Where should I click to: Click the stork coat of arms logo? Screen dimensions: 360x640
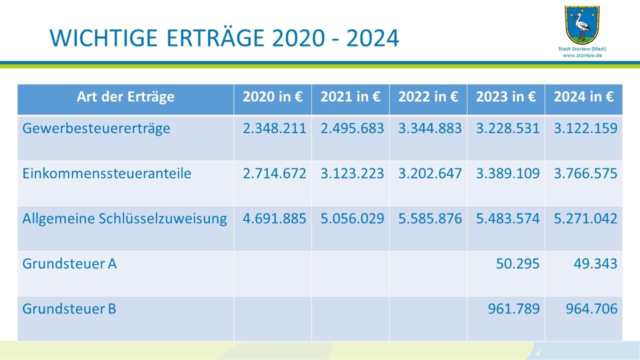click(582, 25)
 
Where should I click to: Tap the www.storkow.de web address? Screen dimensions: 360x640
click(582, 55)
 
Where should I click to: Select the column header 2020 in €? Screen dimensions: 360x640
click(272, 97)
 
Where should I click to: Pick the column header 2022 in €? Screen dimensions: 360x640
click(428, 97)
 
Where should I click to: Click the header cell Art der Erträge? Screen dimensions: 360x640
click(125, 97)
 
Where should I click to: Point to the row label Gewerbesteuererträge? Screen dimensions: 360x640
click(96, 128)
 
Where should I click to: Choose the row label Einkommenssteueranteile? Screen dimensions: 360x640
click(107, 173)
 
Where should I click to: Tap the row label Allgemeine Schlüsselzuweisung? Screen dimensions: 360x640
click(124, 218)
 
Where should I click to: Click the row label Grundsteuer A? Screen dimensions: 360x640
click(69, 263)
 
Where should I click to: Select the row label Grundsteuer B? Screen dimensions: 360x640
click(69, 308)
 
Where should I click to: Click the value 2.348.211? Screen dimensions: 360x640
click(274, 128)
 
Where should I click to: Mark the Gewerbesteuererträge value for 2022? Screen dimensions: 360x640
click(430, 128)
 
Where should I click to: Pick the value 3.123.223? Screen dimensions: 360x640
click(352, 173)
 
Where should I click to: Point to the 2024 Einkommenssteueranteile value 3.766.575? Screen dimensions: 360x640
click(585, 173)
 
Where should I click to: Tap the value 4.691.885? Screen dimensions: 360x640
click(274, 218)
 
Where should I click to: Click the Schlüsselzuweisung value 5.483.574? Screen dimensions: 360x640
click(507, 218)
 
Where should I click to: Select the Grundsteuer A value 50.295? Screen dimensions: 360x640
click(517, 263)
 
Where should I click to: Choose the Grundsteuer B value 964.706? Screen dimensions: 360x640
click(591, 308)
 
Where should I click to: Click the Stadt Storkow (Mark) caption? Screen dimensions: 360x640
click(582, 49)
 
